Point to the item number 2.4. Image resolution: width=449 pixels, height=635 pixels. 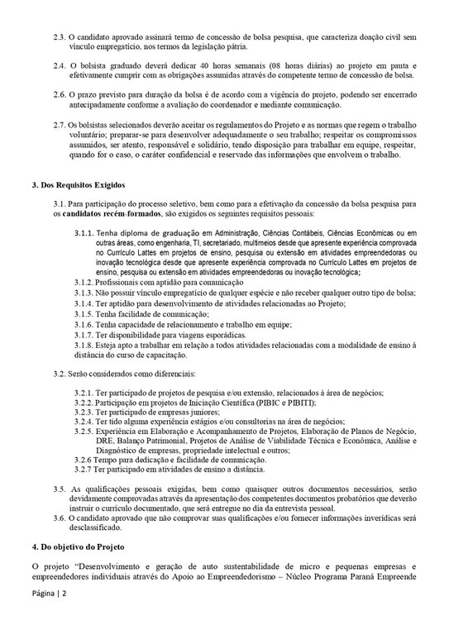(x=60, y=64)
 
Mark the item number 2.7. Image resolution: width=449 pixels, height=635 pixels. (x=60, y=124)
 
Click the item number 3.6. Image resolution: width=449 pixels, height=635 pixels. (x=60, y=517)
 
